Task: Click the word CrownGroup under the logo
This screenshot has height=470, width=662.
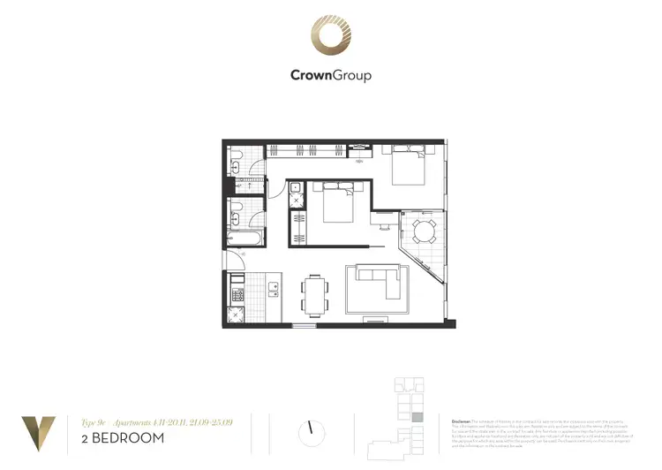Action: coord(331,75)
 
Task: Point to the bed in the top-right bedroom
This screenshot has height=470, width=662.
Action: coord(405,166)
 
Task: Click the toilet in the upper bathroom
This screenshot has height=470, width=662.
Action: coord(236,166)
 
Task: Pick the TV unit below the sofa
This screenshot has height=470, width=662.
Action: coord(377,316)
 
